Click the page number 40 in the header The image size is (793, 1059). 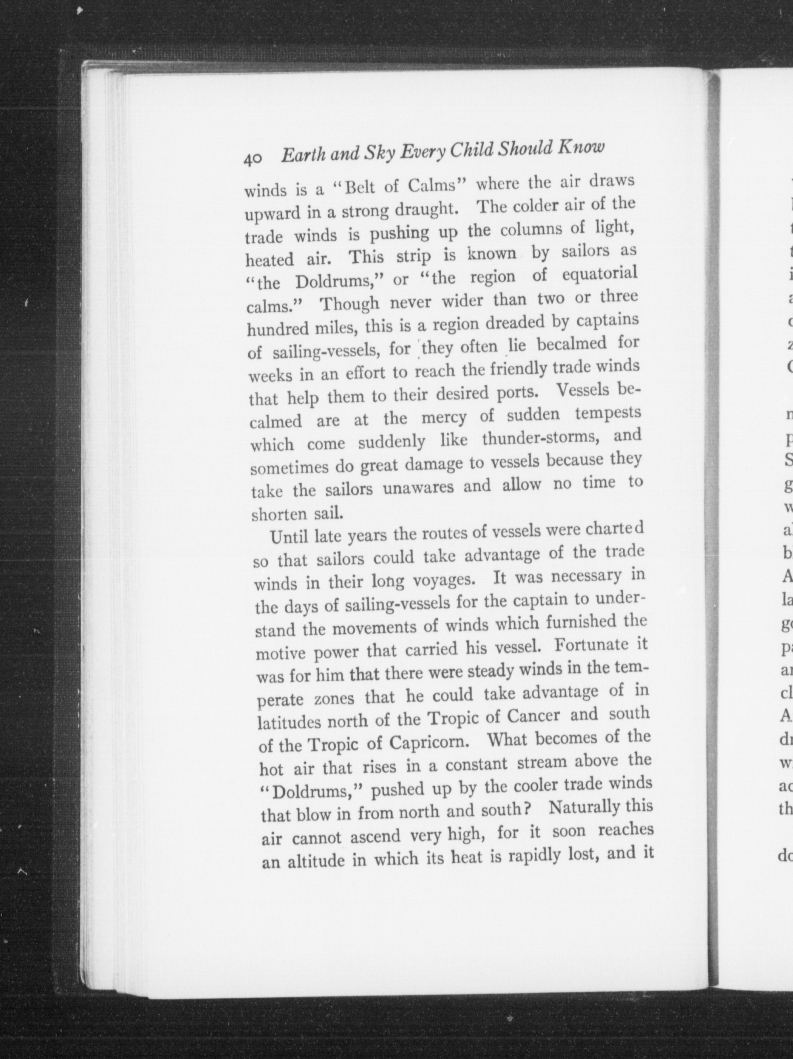coord(252,159)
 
